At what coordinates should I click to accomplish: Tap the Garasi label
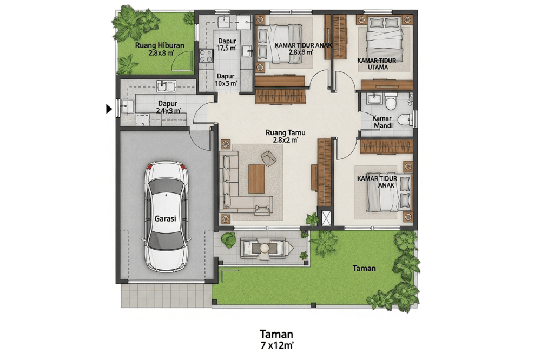(x=164, y=219)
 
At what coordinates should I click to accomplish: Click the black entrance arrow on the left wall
(x=109, y=109)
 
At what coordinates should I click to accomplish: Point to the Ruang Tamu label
(x=282, y=136)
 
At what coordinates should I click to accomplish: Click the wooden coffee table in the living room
(x=256, y=178)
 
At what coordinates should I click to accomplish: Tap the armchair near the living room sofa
(x=268, y=158)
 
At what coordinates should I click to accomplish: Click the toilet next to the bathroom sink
(x=391, y=101)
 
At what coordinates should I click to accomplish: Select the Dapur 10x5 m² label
(x=226, y=80)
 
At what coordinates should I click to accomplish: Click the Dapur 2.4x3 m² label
(x=168, y=107)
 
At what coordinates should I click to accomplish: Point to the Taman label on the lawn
(x=364, y=268)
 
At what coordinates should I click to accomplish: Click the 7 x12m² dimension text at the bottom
(x=276, y=344)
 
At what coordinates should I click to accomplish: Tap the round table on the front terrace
(x=265, y=248)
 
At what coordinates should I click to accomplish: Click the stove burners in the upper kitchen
(x=206, y=54)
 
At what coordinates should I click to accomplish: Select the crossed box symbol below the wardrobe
(x=326, y=218)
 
